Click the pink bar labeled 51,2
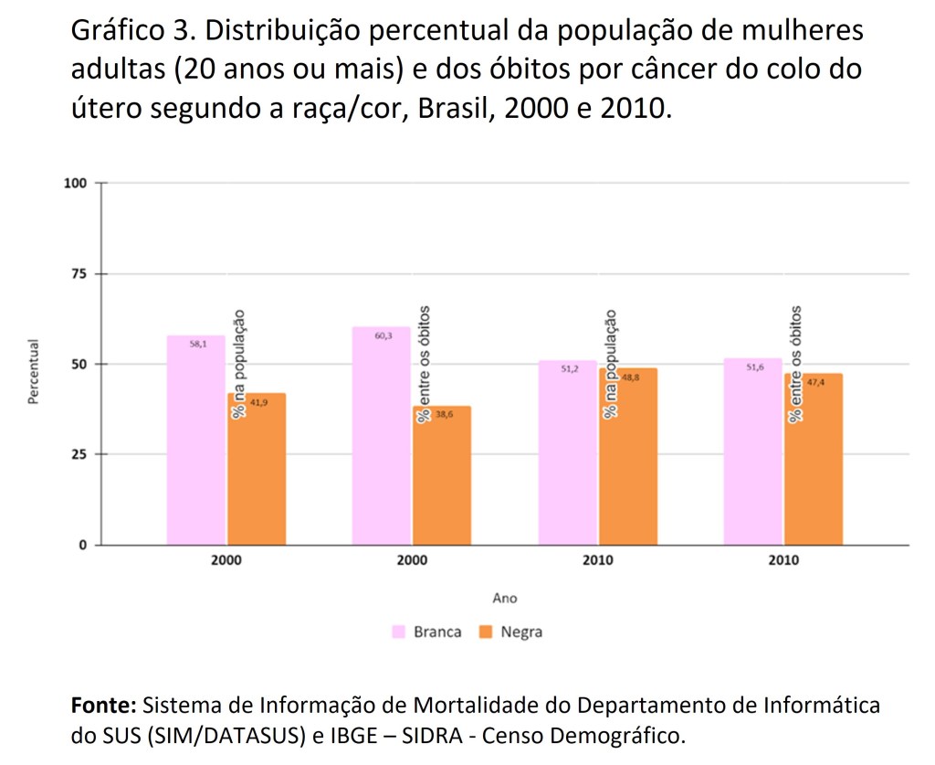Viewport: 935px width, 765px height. tap(567, 452)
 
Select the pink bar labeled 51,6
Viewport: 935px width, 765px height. tap(752, 452)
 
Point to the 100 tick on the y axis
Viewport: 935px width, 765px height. tap(75, 183)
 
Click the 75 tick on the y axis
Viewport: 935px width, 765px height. tap(79, 273)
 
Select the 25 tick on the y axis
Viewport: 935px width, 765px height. tap(79, 454)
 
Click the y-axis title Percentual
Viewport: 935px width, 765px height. tap(35, 373)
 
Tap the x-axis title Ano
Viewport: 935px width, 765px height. tap(504, 598)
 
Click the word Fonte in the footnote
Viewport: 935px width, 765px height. tap(103, 706)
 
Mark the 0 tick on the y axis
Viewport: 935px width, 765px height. tap(82, 545)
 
